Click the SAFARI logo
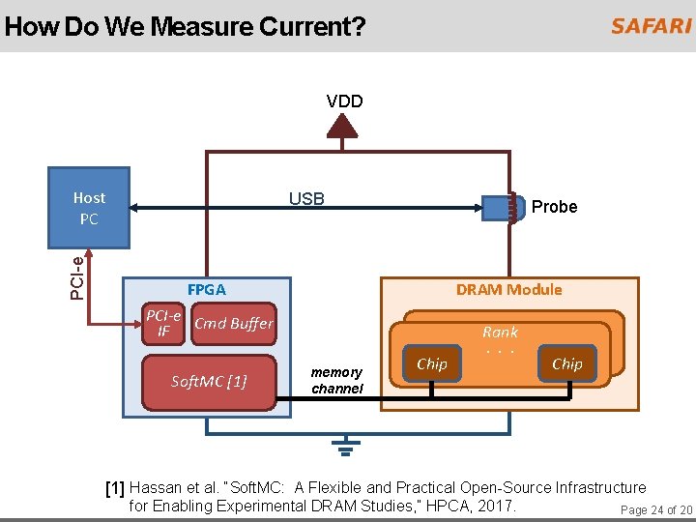[650, 26]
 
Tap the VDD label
[345, 101]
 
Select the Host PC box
[89, 209]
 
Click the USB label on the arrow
[306, 199]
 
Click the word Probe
[554, 207]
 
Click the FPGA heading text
[206, 289]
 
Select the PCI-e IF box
[163, 325]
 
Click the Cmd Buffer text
[234, 324]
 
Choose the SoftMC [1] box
[209, 381]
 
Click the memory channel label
[336, 380]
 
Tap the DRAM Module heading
[508, 289]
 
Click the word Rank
[500, 332]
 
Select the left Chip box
[431, 364]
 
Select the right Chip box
[566, 364]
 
